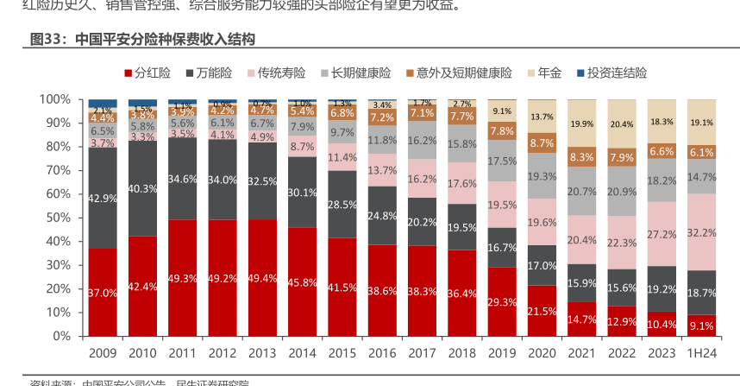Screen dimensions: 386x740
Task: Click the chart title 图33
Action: tap(142, 40)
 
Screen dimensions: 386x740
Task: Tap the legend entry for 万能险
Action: tap(208, 73)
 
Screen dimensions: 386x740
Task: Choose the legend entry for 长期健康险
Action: tap(355, 73)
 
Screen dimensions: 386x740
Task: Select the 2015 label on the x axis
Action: tap(342, 352)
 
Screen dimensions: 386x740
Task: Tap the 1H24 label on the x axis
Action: tap(703, 352)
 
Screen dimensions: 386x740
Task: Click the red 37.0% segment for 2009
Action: tap(103, 292)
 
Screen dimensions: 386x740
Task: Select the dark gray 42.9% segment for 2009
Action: tap(103, 198)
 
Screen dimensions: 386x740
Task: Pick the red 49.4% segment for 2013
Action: tap(262, 277)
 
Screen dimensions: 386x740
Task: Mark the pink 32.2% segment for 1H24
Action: tap(703, 232)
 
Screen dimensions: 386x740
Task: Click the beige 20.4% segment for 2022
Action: tap(623, 123)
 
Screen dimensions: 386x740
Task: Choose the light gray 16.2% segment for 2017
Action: tap(423, 140)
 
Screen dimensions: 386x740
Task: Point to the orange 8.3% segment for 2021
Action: tap(582, 157)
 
